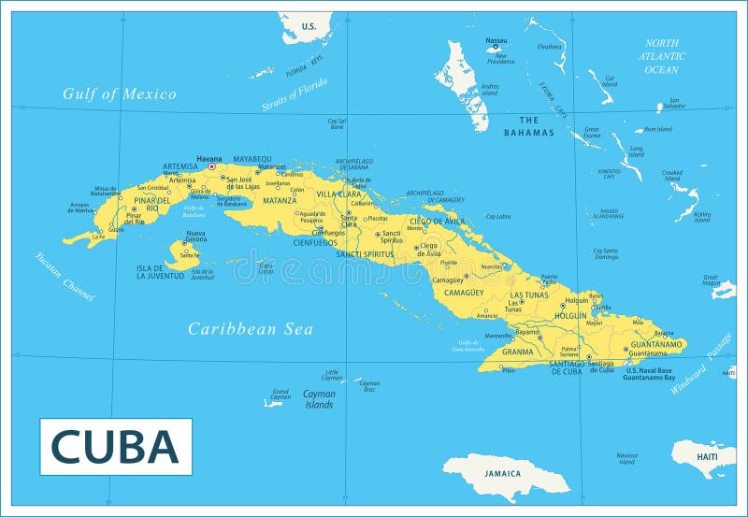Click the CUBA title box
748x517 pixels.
click(x=115, y=446)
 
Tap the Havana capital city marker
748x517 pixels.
click(x=211, y=166)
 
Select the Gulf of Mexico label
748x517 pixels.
click(x=120, y=93)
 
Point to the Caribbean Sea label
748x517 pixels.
click(x=250, y=328)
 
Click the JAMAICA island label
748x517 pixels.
click(x=502, y=473)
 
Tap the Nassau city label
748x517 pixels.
click(x=496, y=40)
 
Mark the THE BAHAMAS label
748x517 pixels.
click(x=529, y=125)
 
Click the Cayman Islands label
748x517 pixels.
click(x=319, y=399)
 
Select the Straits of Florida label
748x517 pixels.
click(x=295, y=94)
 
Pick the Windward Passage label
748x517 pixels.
click(x=701, y=364)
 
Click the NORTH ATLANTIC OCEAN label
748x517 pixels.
click(x=661, y=56)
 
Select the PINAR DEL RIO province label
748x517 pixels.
click(x=151, y=204)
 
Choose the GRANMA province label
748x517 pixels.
click(x=517, y=352)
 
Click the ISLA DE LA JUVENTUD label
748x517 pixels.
click(x=160, y=272)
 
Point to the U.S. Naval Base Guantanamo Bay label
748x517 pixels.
click(x=649, y=374)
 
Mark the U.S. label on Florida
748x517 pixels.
click(x=309, y=26)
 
